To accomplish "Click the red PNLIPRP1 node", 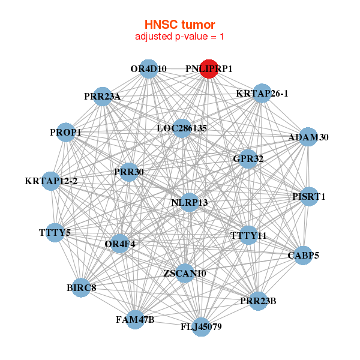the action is point(208,69).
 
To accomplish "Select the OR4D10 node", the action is point(148,69).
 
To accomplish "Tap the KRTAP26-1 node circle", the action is point(262,93).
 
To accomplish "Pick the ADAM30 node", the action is point(308,137).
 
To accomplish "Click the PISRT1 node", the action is point(309,196).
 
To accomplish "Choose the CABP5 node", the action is point(303,255).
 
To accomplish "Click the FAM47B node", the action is point(136,319).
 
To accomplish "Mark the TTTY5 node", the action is point(55,232).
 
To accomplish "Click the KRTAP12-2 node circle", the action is point(51,181).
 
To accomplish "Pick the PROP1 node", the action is point(65,132).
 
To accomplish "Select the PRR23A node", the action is point(103,96).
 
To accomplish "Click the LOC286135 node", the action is point(182,128).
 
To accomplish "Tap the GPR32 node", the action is point(248,159).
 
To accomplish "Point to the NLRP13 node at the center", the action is point(189,202).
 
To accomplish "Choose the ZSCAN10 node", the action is point(185,273).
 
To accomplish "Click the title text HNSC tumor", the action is point(179,25).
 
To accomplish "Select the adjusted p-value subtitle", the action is point(179,37).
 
